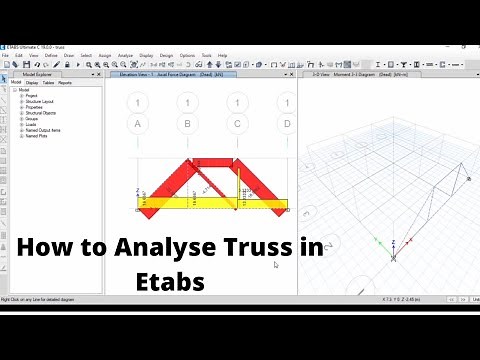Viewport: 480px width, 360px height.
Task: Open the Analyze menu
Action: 125,55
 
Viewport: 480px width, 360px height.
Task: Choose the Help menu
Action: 222,55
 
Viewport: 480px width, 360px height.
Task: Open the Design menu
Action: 166,55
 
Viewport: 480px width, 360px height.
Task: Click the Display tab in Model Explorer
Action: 32,82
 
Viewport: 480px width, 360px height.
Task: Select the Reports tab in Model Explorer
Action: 66,82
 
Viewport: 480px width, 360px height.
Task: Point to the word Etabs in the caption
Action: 170,281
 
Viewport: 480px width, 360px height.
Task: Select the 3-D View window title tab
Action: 345,74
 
